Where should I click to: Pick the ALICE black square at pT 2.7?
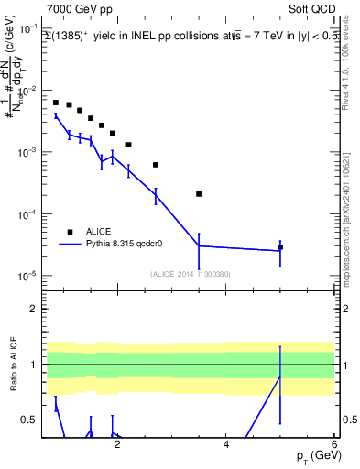click(156, 165)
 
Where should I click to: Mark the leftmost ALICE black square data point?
click(56, 103)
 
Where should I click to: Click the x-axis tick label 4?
click(226, 446)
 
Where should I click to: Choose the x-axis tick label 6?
click(334, 446)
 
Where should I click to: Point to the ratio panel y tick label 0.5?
click(30, 420)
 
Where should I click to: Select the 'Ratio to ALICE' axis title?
click(12, 365)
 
